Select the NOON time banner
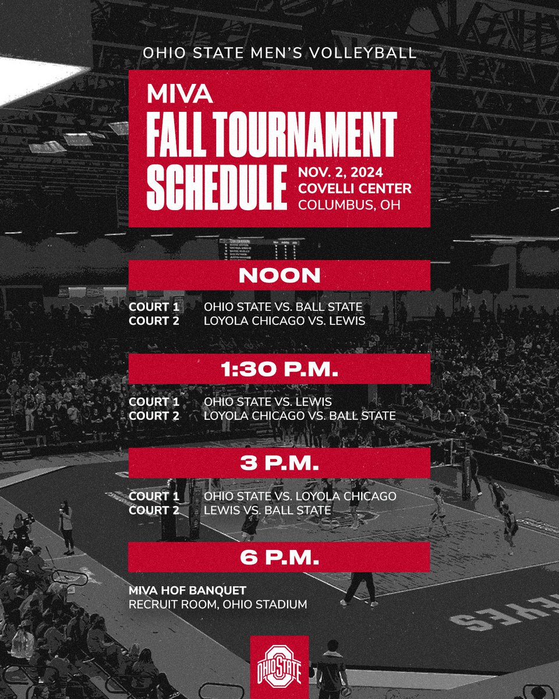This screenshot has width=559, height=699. (279, 276)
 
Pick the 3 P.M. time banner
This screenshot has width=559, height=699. (279, 463)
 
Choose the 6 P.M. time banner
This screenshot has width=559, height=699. (279, 557)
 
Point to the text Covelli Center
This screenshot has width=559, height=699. (355, 189)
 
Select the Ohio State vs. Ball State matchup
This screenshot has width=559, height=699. (283, 307)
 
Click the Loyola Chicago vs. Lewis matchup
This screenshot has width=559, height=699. (284, 321)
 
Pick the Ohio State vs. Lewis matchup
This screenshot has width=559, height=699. (267, 401)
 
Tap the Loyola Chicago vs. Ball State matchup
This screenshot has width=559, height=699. (300, 416)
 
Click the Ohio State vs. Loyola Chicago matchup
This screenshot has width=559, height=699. (300, 496)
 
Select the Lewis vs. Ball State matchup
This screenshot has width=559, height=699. (267, 510)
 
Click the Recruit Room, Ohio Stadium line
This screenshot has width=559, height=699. (218, 605)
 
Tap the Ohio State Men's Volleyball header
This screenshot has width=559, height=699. (279, 53)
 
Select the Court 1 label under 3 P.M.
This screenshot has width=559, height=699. (154, 496)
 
